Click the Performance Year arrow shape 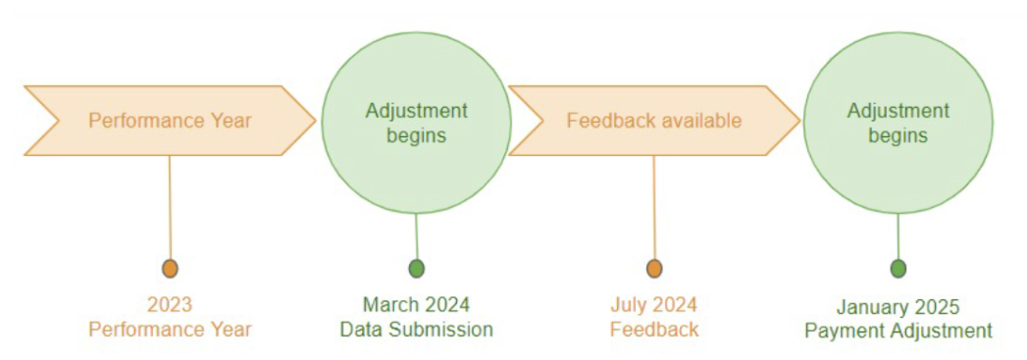pyautogui.click(x=170, y=121)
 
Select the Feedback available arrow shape pyautogui.click(x=653, y=121)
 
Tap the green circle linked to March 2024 pyautogui.click(x=417, y=122)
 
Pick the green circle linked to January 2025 pyautogui.click(x=898, y=122)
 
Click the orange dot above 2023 pyautogui.click(x=170, y=268)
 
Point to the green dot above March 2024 pyautogui.click(x=417, y=268)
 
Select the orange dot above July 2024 pyautogui.click(x=654, y=268)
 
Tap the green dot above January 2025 pyautogui.click(x=899, y=268)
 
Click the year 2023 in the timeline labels pyautogui.click(x=170, y=304)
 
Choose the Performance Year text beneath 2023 pyautogui.click(x=170, y=330)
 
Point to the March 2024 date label pyautogui.click(x=416, y=304)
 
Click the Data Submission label pyautogui.click(x=416, y=330)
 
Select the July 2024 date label pyautogui.click(x=653, y=304)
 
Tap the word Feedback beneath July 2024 pyautogui.click(x=654, y=330)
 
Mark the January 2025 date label pyautogui.click(x=898, y=307)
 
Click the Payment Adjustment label pyautogui.click(x=898, y=332)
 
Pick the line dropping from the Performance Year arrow pyautogui.click(x=170, y=206)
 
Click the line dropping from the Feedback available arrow pyautogui.click(x=654, y=206)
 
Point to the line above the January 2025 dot pyautogui.click(x=899, y=235)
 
